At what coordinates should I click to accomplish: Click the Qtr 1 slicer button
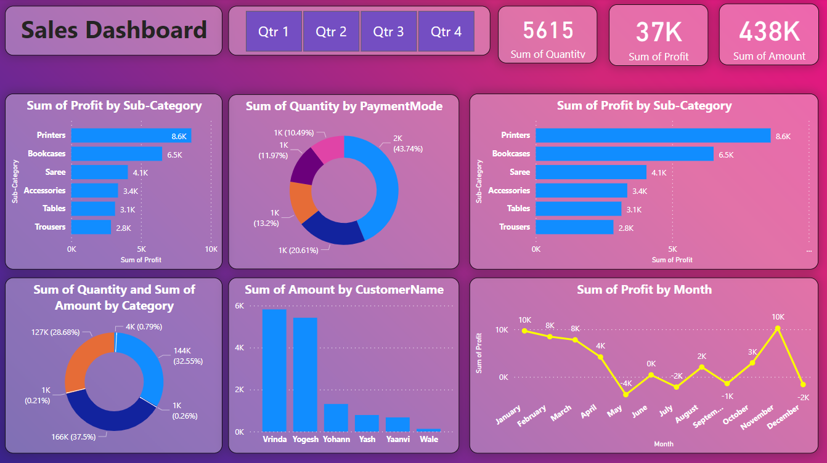(x=274, y=31)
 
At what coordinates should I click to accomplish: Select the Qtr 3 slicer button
(x=388, y=31)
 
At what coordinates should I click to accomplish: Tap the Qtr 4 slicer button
(x=446, y=31)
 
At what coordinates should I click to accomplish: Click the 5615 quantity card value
(x=548, y=30)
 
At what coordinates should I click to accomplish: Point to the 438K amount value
(x=769, y=31)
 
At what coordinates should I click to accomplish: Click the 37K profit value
(x=658, y=32)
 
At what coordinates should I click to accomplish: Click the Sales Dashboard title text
(x=114, y=30)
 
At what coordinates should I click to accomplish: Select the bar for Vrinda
(x=274, y=370)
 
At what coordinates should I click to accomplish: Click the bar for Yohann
(x=336, y=417)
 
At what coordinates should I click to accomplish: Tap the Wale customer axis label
(x=428, y=439)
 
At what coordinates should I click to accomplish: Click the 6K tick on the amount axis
(x=240, y=306)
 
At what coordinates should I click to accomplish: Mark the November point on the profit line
(x=778, y=329)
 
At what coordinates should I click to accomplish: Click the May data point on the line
(x=626, y=395)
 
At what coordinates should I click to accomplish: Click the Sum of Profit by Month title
(x=644, y=289)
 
